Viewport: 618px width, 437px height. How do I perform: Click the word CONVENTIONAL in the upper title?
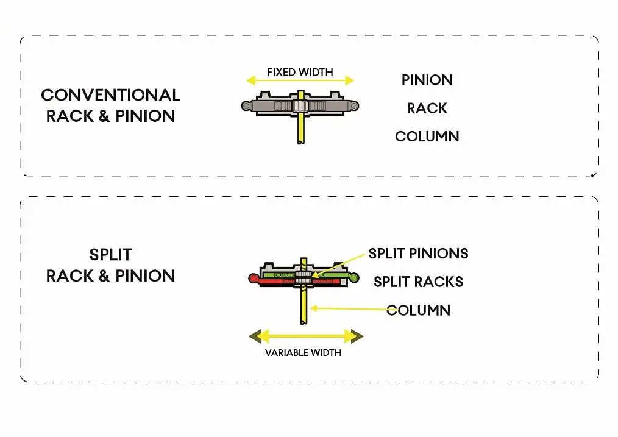(110, 96)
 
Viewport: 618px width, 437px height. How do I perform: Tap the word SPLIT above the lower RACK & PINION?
(110, 255)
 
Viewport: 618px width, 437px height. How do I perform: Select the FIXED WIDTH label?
(300, 73)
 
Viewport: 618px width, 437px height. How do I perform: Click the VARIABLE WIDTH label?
(303, 353)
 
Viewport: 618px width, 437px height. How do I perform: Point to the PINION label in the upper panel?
(427, 80)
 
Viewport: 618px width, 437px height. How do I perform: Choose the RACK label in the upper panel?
(427, 108)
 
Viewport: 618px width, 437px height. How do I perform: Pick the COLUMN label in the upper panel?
(427, 137)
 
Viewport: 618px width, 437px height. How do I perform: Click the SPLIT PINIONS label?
(418, 254)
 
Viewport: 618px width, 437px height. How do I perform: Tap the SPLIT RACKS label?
(418, 282)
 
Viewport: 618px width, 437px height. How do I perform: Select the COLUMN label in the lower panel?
(418, 310)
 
